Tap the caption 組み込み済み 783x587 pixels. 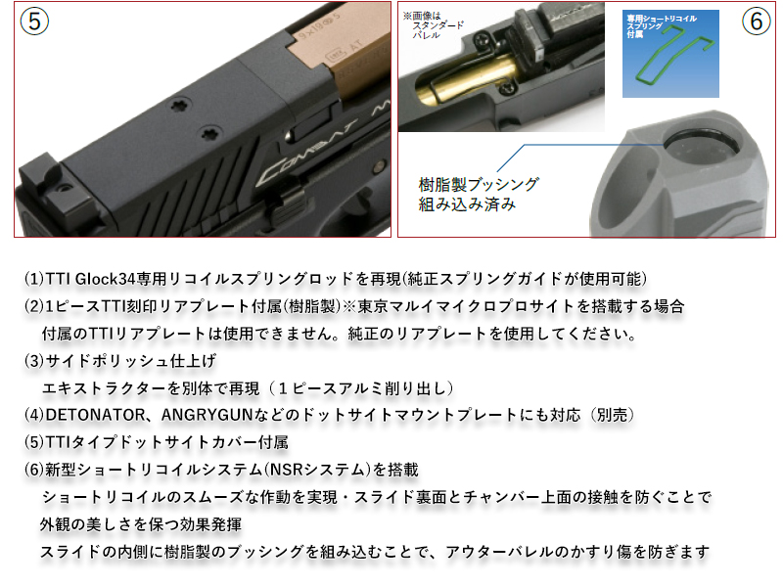pos(466,206)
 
